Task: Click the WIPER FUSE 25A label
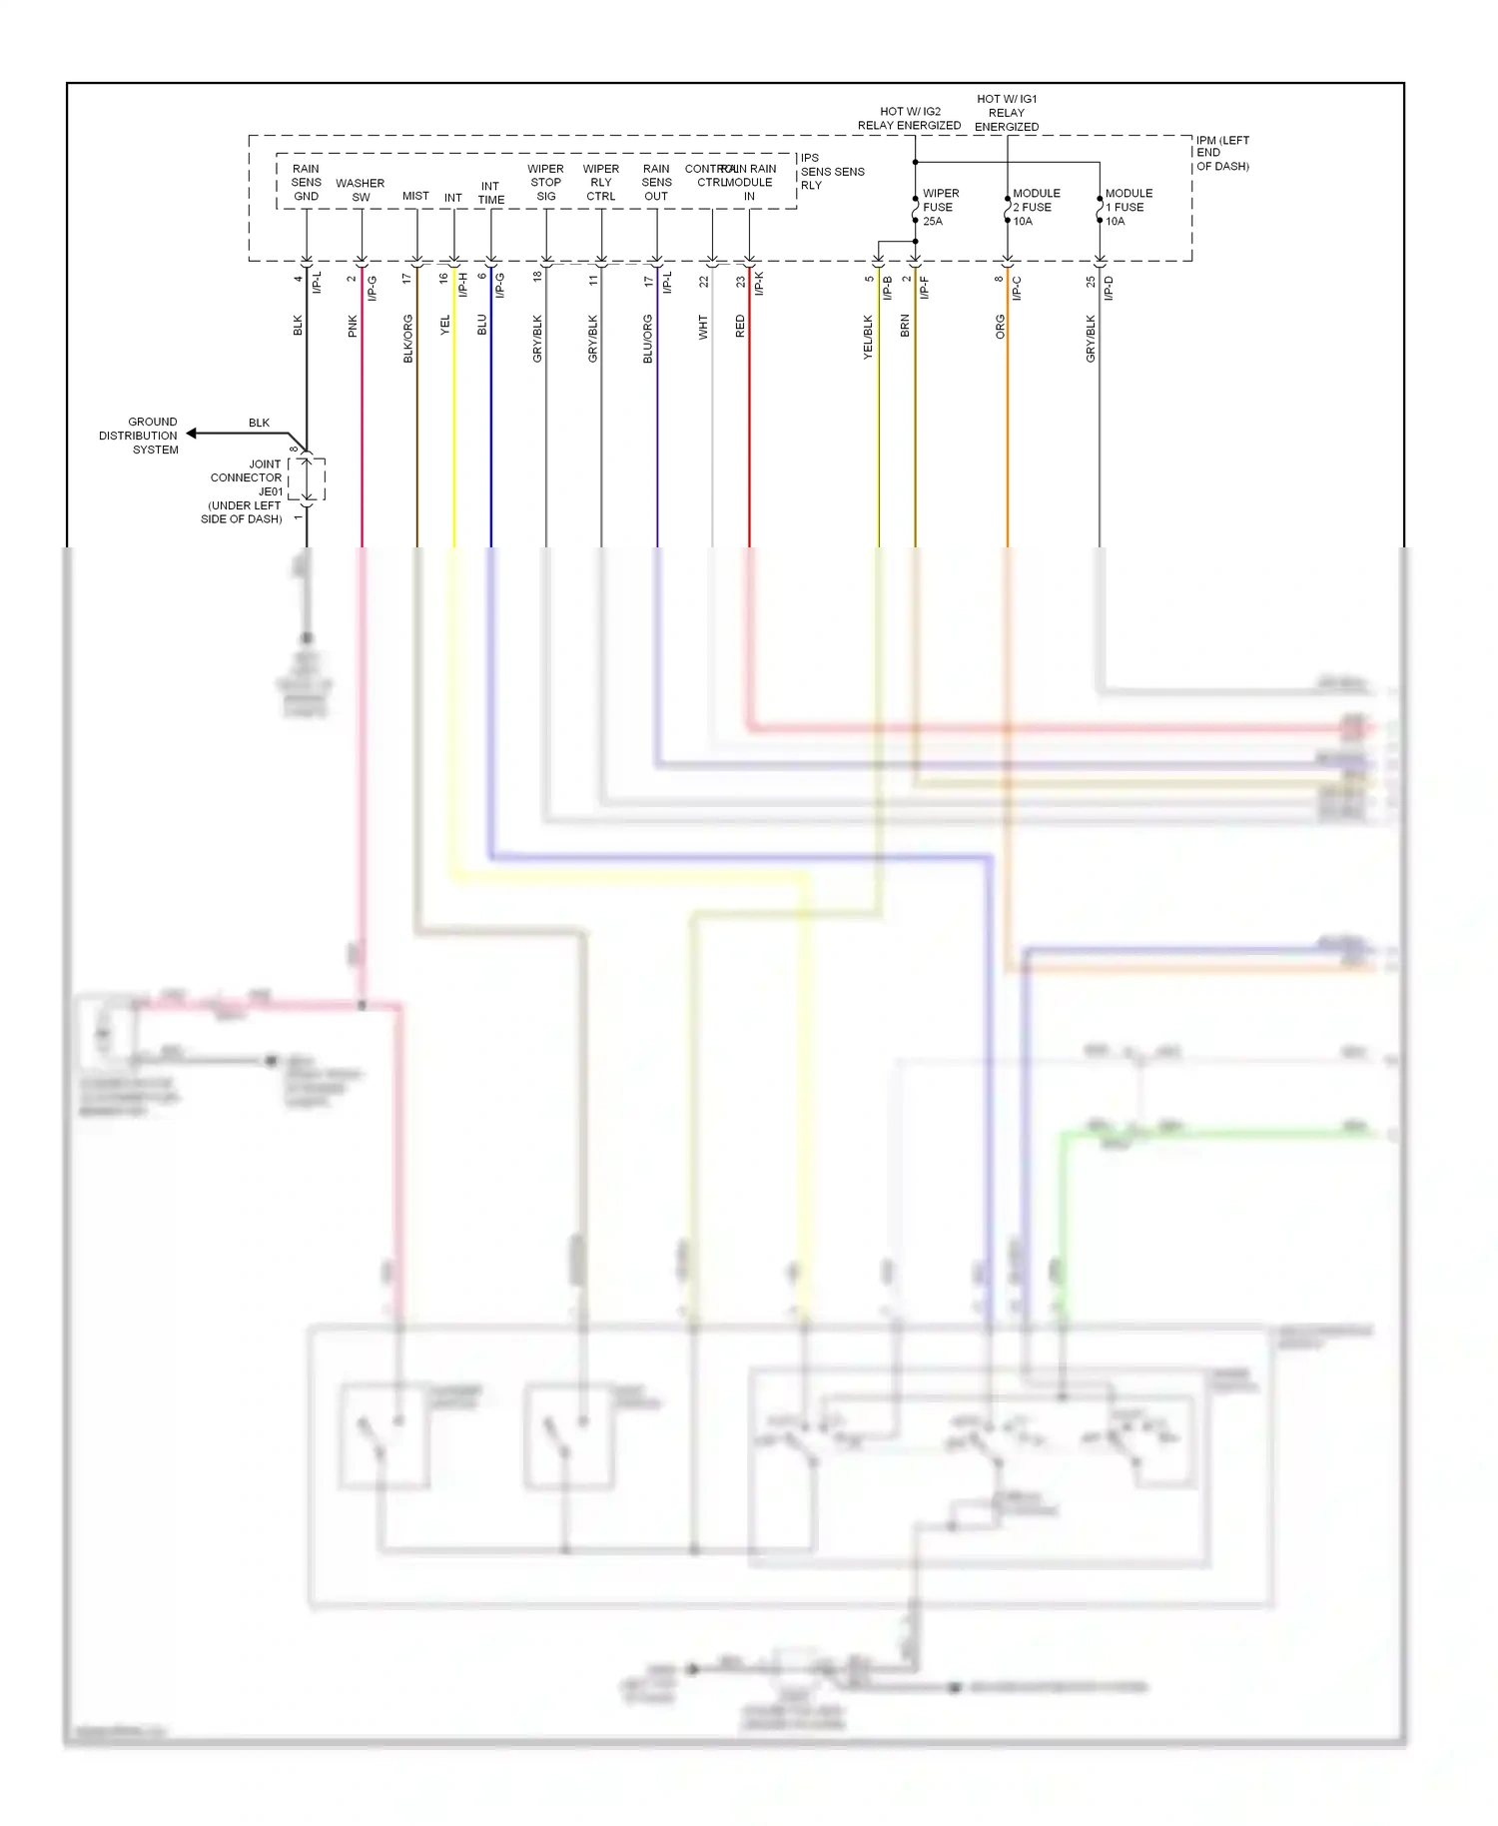[940, 207]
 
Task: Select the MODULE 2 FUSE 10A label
[1036, 207]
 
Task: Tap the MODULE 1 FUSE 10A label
[1128, 207]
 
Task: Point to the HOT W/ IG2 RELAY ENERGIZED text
[909, 118]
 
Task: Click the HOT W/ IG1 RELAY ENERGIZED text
[1007, 113]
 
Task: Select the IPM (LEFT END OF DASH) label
[1222, 153]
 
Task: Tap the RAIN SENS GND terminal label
[307, 182]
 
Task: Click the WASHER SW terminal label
[361, 190]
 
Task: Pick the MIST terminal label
[415, 196]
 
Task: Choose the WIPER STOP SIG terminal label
[545, 182]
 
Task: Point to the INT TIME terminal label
[490, 193]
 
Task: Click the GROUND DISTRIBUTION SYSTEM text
[139, 436]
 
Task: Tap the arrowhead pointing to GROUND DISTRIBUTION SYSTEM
[192, 434]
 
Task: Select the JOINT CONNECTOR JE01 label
[246, 490]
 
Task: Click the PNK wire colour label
[353, 326]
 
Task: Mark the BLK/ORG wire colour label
[407, 338]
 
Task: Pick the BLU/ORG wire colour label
[647, 338]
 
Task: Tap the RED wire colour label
[740, 326]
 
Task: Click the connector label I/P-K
[759, 284]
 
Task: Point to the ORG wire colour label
[1000, 327]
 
